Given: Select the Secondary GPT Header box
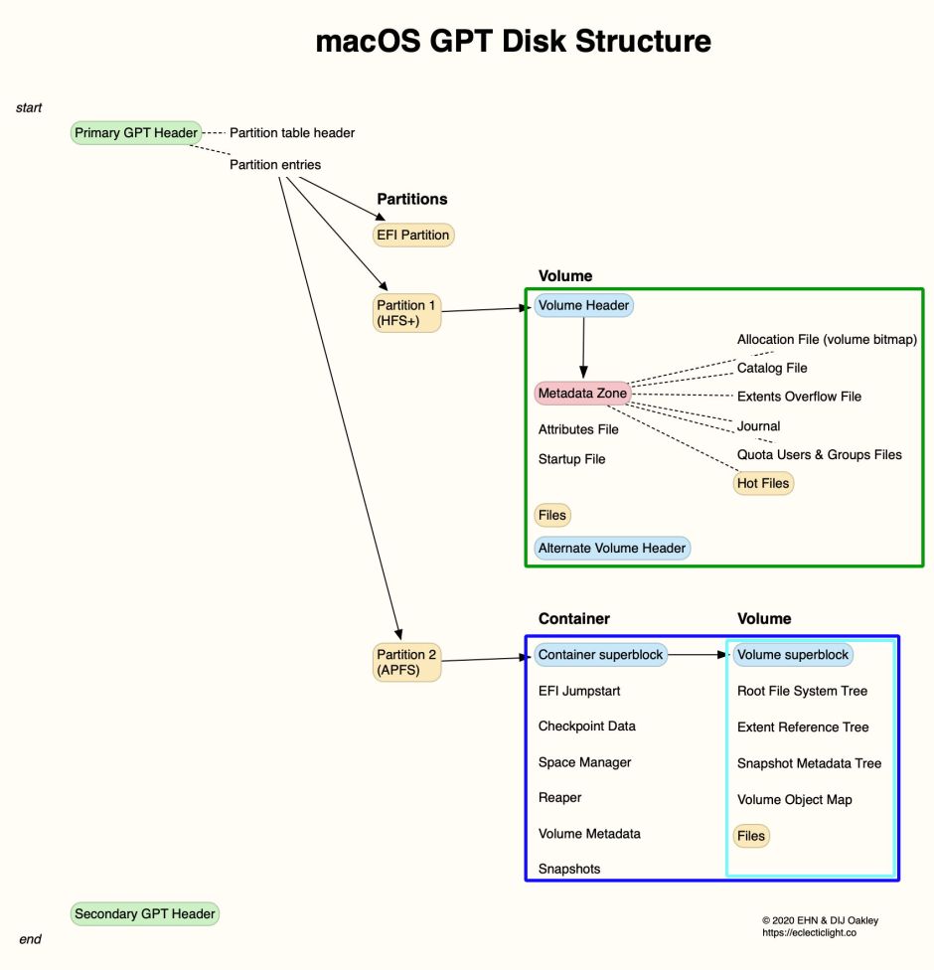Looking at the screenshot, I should coord(145,914).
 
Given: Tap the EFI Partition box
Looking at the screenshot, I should coord(413,236).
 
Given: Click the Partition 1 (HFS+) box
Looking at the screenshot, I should coord(406,313).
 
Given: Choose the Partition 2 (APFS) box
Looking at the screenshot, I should coord(406,663).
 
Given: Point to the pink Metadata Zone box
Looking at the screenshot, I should coord(582,394).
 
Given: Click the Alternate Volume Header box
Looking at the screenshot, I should coord(612,548).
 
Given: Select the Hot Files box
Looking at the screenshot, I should coord(763,484).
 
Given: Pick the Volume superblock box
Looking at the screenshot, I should coord(793,655).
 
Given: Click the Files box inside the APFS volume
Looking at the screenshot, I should coord(751,836).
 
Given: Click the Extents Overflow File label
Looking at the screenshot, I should coord(799,397).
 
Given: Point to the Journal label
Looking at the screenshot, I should coord(758,426).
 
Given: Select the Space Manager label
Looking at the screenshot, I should coord(584,762).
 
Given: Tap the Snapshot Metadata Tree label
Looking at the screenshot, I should coord(809,763).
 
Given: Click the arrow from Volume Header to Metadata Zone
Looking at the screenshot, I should coord(583,348).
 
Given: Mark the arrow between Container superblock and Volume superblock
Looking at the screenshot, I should coord(699,655).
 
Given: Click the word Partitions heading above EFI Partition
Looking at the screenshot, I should coord(412,199).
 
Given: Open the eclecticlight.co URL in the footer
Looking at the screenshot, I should coord(809,933).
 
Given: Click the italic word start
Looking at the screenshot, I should coord(29,107).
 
